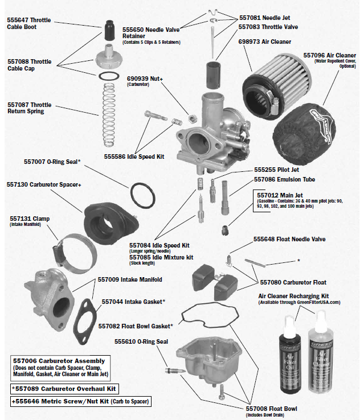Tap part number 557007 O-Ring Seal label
(52, 162)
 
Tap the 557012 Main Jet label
(277, 195)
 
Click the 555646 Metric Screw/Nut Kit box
(80, 402)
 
